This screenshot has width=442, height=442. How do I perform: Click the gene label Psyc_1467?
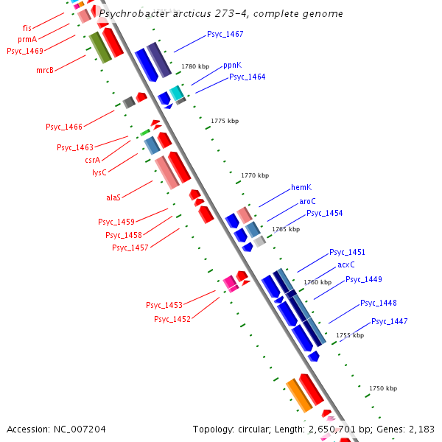(x=225, y=35)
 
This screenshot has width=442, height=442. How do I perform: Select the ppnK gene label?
(x=232, y=65)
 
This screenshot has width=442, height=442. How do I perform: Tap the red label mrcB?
(x=45, y=70)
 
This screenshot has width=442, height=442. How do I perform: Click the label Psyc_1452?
(x=172, y=319)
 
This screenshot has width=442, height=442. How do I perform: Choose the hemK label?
(x=301, y=187)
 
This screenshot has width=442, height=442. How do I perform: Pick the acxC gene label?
(x=346, y=264)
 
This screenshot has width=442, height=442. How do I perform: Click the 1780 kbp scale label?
(x=195, y=67)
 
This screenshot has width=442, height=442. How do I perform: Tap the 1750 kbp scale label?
(x=383, y=388)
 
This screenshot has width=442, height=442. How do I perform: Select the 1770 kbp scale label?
(x=255, y=175)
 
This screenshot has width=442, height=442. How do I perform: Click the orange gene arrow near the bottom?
(x=299, y=395)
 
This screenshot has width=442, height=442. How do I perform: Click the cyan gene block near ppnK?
(x=177, y=93)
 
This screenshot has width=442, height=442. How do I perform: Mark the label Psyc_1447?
(x=389, y=321)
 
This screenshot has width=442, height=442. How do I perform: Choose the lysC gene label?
(x=99, y=172)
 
